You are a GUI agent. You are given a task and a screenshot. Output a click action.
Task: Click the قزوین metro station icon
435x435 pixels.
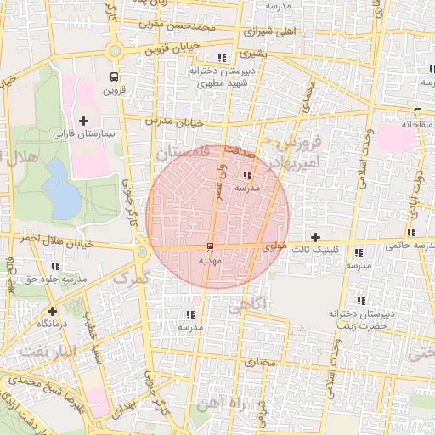click(x=114, y=75)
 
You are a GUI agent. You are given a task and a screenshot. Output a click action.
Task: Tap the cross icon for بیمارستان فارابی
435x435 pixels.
click(x=83, y=121)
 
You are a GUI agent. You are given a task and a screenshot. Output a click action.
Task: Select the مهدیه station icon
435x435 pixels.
click(x=209, y=246)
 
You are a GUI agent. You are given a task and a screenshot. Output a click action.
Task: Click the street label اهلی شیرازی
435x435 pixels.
click(x=271, y=31)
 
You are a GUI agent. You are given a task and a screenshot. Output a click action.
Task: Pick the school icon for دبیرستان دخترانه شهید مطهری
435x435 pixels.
click(x=222, y=58)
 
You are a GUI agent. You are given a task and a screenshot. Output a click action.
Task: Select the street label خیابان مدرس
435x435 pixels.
click(x=173, y=122)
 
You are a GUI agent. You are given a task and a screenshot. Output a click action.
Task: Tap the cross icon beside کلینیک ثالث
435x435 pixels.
click(x=316, y=236)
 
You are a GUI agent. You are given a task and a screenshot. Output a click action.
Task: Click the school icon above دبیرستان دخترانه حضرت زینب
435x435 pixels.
click(x=361, y=301)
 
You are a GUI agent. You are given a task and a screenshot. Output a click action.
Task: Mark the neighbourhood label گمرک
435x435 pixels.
click(x=130, y=278)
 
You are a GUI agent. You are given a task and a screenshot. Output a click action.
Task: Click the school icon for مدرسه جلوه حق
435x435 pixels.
click(x=55, y=266)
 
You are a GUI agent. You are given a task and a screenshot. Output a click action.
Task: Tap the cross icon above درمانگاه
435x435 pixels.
click(x=53, y=311)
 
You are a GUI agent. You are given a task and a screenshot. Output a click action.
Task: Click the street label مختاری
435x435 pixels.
click(x=261, y=362)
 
